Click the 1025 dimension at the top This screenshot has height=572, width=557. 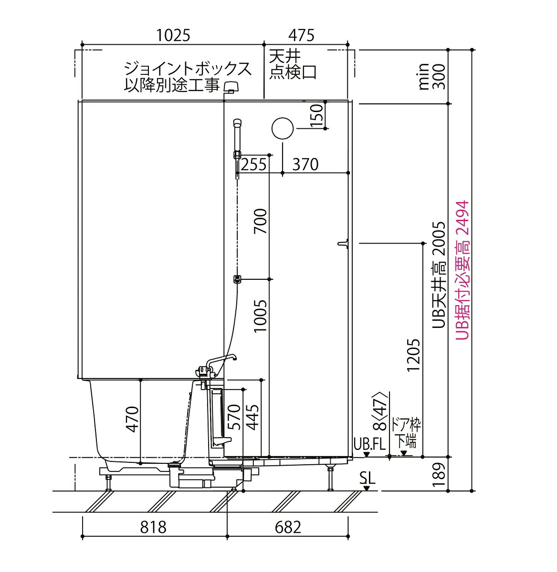pos(173,35)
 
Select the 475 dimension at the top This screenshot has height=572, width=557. pos(301,35)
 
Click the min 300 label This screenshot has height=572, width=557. pos(431,77)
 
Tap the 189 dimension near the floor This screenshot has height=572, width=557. pos(440,473)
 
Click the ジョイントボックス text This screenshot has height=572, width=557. pos(188,69)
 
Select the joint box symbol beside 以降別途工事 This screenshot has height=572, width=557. pos(231,87)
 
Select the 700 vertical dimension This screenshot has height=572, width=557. pos(261,222)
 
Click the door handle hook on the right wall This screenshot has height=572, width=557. pos(342,244)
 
